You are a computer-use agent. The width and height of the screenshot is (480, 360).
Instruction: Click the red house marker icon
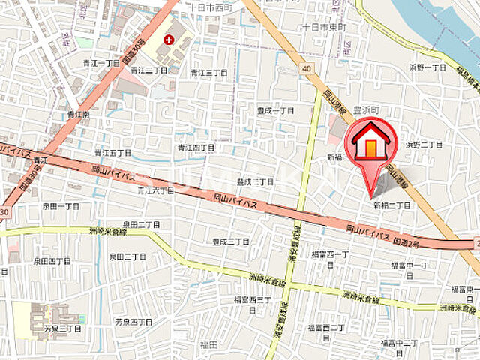coord(369,143)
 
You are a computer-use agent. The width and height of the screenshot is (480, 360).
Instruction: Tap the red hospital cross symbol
coord(167,38)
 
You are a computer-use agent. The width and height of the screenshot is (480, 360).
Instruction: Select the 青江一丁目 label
coord(102,64)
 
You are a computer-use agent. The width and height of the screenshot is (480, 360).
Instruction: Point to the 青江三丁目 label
coord(208,73)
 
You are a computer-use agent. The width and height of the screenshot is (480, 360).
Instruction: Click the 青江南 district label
coord(78,115)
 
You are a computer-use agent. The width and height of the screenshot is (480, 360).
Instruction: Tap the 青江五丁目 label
coord(113,152)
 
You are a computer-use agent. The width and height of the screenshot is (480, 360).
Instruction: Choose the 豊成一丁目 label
coord(276,110)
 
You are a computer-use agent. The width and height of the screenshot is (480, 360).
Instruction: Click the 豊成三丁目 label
coord(230,241)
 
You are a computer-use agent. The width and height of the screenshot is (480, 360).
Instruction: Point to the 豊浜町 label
coord(367,109)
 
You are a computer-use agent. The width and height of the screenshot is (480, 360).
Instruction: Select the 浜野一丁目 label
coord(427,67)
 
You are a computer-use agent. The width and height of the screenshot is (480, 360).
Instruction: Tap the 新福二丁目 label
coord(391,205)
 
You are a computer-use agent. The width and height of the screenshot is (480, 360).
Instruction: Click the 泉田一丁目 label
coord(61,205)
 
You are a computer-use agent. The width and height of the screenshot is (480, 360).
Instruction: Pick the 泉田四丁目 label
coord(52,261)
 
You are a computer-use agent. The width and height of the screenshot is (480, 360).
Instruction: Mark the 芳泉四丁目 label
coord(133,322)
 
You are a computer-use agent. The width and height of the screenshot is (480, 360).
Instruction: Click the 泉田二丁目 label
coord(142,224)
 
